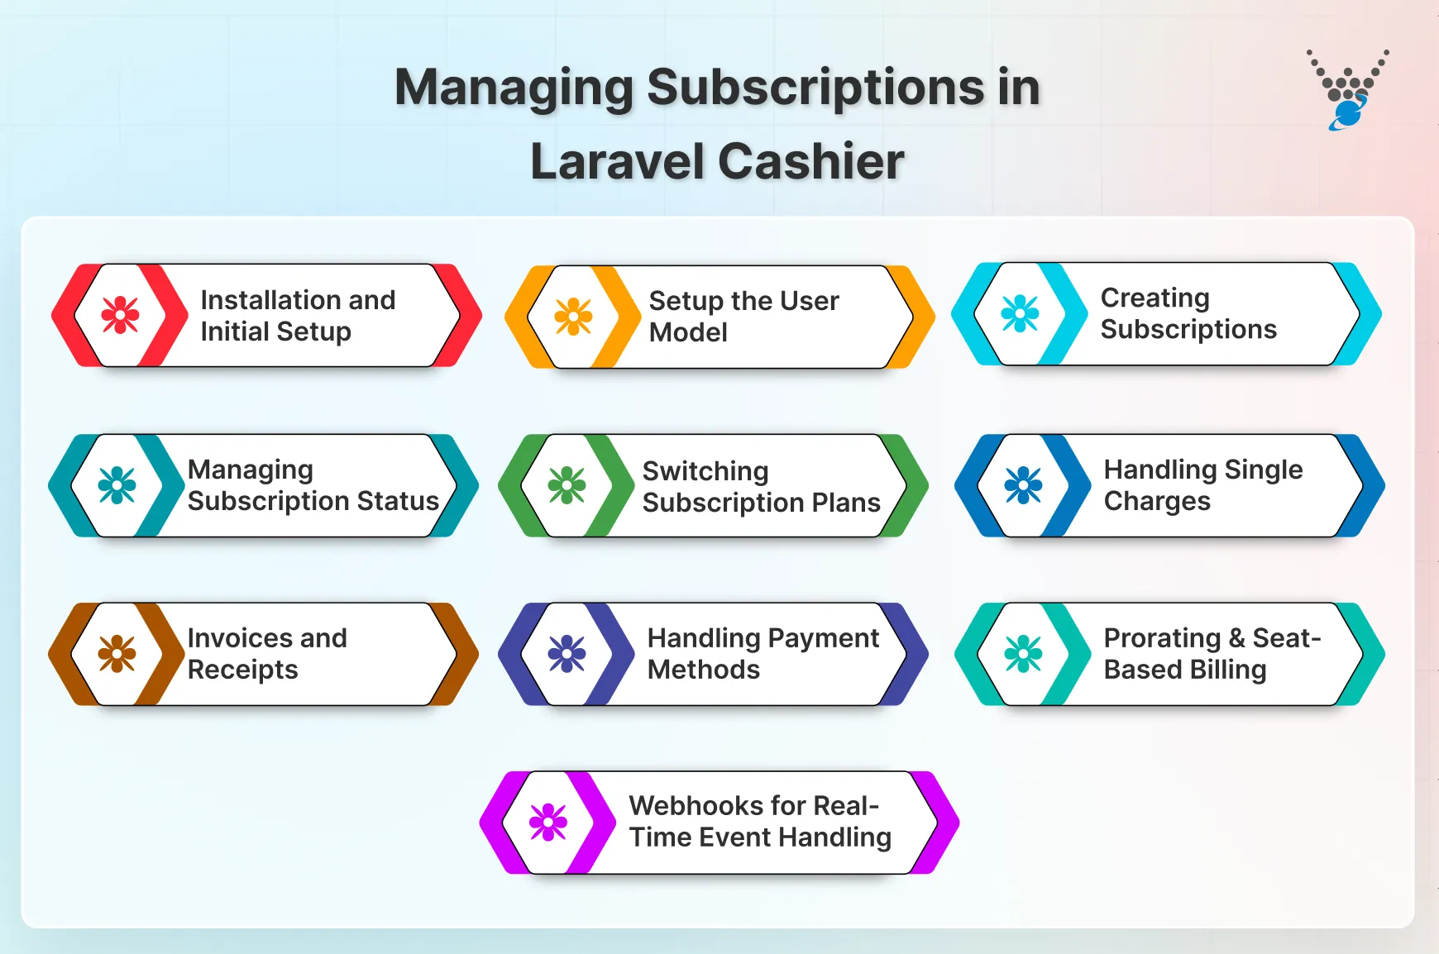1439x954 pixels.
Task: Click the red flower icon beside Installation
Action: (121, 315)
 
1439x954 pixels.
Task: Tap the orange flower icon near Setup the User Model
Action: (573, 317)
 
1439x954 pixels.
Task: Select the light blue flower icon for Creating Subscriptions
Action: (1020, 313)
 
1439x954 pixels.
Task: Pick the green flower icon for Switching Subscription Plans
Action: (567, 485)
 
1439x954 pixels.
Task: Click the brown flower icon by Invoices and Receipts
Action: (117, 654)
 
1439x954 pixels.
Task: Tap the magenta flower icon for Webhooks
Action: (548, 823)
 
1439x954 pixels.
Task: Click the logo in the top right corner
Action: (1347, 90)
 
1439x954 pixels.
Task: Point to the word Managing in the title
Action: (513, 88)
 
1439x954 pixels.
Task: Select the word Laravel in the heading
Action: (615, 161)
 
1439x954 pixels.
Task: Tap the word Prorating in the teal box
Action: (1162, 638)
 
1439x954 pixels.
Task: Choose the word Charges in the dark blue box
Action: (1157, 501)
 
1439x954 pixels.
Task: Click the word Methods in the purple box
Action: (703, 670)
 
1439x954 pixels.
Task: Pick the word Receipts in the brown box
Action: (242, 670)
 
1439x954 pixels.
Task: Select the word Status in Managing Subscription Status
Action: (398, 501)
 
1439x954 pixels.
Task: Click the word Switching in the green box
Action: (705, 471)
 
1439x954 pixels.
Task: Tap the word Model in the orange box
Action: (688, 332)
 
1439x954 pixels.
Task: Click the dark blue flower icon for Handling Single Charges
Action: (1023, 485)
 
